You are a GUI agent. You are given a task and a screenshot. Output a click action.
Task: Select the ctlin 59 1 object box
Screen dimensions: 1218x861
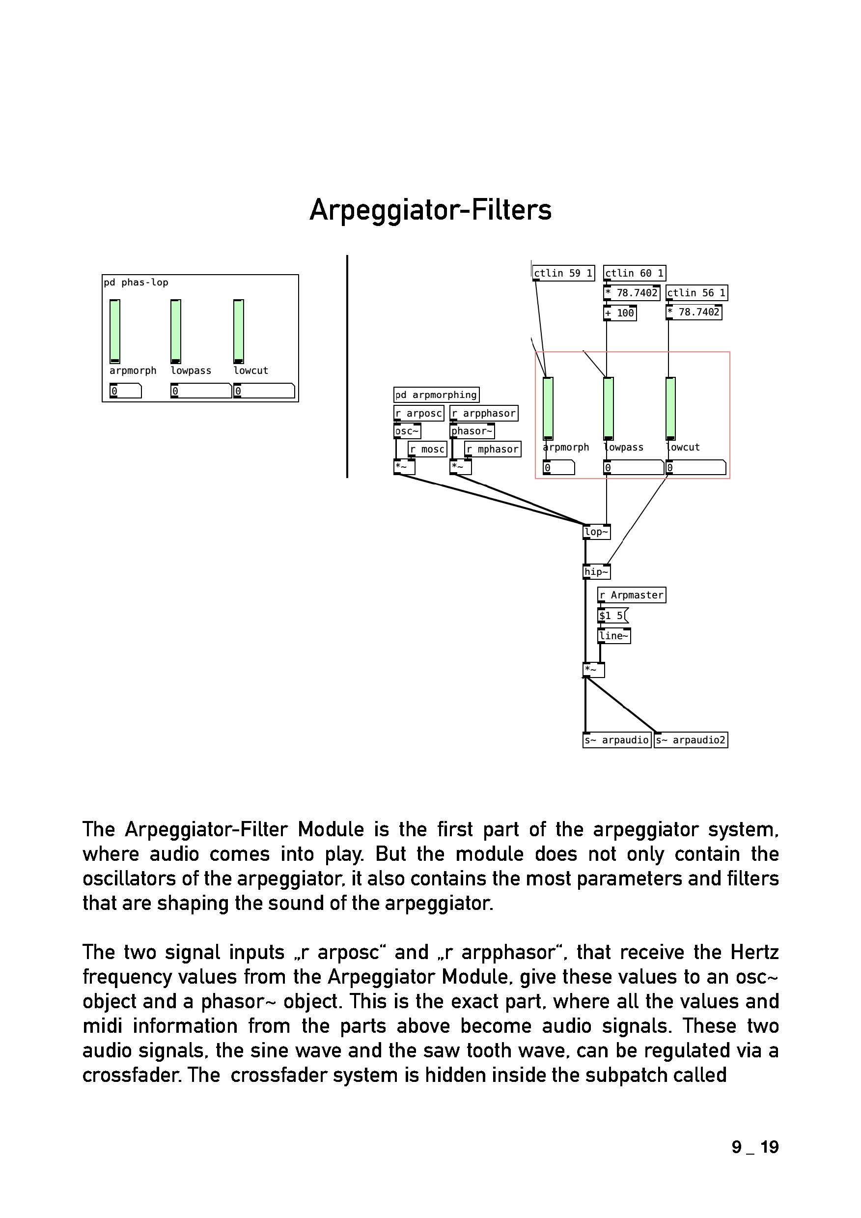[563, 273]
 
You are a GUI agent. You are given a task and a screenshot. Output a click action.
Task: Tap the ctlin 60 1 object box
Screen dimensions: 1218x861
[634, 273]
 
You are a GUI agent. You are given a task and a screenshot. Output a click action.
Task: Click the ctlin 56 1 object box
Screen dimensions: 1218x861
[696, 293]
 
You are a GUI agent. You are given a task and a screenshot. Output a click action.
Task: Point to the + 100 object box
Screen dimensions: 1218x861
[619, 313]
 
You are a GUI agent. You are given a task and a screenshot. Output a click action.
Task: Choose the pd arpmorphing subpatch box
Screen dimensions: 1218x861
[436, 395]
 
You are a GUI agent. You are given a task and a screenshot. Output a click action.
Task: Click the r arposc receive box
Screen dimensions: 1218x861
[418, 413]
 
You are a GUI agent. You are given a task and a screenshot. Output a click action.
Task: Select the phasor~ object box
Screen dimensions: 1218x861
[472, 431]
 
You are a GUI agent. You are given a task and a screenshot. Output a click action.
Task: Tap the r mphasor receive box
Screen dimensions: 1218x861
[493, 450]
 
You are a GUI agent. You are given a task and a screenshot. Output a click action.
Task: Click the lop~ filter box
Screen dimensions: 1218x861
[596, 532]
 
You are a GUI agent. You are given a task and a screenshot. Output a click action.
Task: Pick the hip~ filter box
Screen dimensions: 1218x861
[596, 572]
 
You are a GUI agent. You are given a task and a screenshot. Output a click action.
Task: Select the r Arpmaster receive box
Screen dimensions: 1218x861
[631, 595]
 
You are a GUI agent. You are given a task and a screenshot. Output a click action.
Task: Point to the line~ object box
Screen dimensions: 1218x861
[614, 635]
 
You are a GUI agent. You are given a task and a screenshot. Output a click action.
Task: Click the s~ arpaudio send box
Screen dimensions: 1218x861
[616, 740]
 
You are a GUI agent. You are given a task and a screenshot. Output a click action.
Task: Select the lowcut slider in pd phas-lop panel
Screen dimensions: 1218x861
[239, 332]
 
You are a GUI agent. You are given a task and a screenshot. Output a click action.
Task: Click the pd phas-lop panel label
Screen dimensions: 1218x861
[136, 283]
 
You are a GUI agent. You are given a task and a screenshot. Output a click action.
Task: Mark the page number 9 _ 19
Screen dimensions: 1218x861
[755, 1147]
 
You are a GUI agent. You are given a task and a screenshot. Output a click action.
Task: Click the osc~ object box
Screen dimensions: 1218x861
[407, 431]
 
